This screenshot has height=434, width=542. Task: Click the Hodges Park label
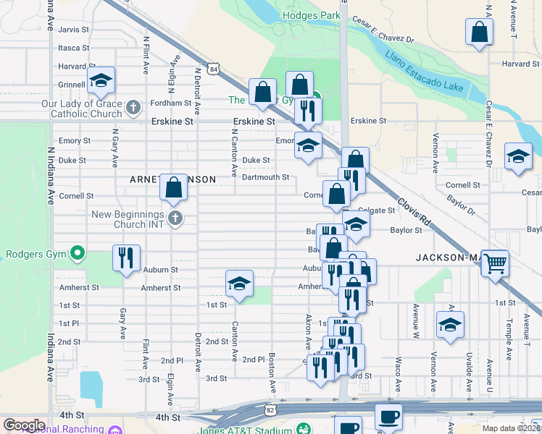click(312, 14)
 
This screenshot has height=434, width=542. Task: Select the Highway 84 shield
click(212, 68)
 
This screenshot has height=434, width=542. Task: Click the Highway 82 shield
click(270, 409)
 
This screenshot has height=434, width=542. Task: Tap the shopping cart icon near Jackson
click(495, 263)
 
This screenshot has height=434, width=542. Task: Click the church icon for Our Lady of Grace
click(133, 109)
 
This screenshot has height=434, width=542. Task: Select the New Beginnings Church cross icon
click(174, 218)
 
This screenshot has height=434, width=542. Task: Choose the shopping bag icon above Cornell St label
click(174, 187)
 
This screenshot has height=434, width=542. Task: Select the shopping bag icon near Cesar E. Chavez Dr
click(479, 32)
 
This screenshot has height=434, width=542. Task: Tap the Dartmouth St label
click(265, 177)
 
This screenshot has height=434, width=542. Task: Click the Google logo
click(24, 425)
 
